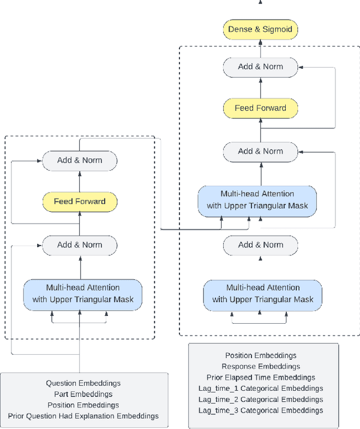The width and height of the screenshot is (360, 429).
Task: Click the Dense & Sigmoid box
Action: (260, 29)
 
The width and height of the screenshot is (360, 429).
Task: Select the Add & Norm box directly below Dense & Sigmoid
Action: (260, 66)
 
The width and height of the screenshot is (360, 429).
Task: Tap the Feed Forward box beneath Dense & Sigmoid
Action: (260, 108)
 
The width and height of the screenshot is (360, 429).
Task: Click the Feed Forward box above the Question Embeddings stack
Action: (79, 201)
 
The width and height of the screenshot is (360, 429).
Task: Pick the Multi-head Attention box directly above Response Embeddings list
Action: (263, 293)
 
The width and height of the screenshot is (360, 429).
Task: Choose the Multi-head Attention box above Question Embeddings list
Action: (83, 293)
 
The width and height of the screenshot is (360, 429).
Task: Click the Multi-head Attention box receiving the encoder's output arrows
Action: (257, 200)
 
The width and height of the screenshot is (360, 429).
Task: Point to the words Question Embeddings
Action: (83, 383)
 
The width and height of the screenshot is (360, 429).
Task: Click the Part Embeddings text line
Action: (83, 394)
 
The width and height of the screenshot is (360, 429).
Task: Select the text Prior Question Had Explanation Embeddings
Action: (83, 416)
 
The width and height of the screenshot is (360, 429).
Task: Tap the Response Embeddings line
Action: (260, 367)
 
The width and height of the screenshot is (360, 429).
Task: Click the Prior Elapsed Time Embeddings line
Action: (260, 377)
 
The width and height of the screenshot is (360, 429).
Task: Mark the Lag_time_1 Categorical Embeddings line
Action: (260, 388)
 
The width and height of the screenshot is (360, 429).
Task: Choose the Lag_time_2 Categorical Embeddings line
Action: (260, 399)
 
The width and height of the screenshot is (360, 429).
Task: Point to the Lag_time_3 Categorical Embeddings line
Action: (260, 410)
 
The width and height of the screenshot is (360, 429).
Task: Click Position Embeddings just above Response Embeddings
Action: (260, 356)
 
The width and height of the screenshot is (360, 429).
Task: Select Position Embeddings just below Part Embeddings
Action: (83, 405)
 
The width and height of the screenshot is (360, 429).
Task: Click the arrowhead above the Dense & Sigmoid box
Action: (260, 2)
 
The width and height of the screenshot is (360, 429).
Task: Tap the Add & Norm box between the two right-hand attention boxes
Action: (260, 245)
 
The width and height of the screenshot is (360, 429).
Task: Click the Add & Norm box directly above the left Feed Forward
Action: (79, 160)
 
